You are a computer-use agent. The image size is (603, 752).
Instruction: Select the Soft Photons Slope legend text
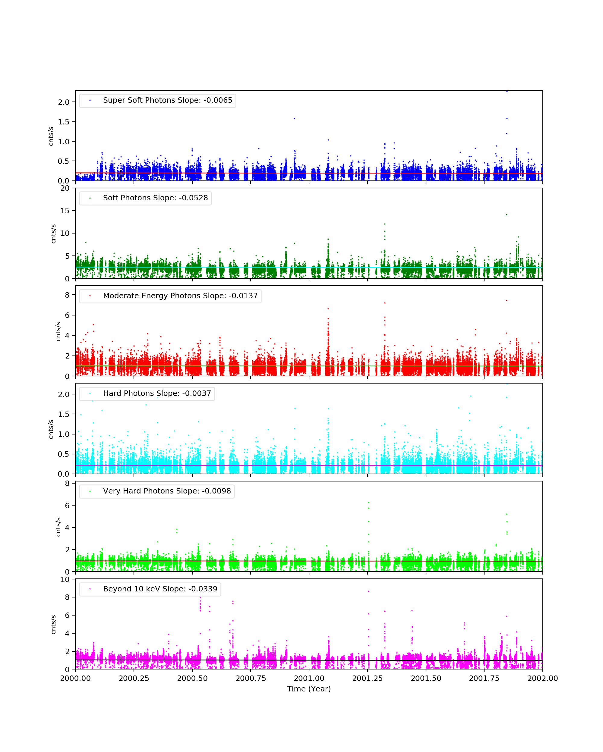click(x=155, y=198)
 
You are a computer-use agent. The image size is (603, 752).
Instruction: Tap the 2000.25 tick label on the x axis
click(x=134, y=678)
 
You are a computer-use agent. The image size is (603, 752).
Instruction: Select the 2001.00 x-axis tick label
click(x=309, y=678)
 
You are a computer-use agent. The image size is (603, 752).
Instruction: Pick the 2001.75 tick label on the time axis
click(x=484, y=678)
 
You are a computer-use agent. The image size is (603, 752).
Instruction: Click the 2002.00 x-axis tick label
click(x=542, y=678)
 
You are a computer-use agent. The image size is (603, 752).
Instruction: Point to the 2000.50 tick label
click(x=192, y=678)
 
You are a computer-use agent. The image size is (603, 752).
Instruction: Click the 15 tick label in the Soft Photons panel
click(x=65, y=211)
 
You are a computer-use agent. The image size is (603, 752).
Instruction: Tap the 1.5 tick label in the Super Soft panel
click(x=64, y=122)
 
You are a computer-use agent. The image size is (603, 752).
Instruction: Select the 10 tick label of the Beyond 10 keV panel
click(x=65, y=580)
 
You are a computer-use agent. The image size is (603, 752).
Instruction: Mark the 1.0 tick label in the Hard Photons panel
click(x=64, y=434)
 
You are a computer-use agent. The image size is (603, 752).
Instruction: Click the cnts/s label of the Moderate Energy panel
click(x=58, y=331)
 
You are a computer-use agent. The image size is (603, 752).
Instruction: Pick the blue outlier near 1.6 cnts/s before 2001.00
click(x=295, y=119)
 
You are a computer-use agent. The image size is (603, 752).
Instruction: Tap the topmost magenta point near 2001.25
click(x=368, y=591)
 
